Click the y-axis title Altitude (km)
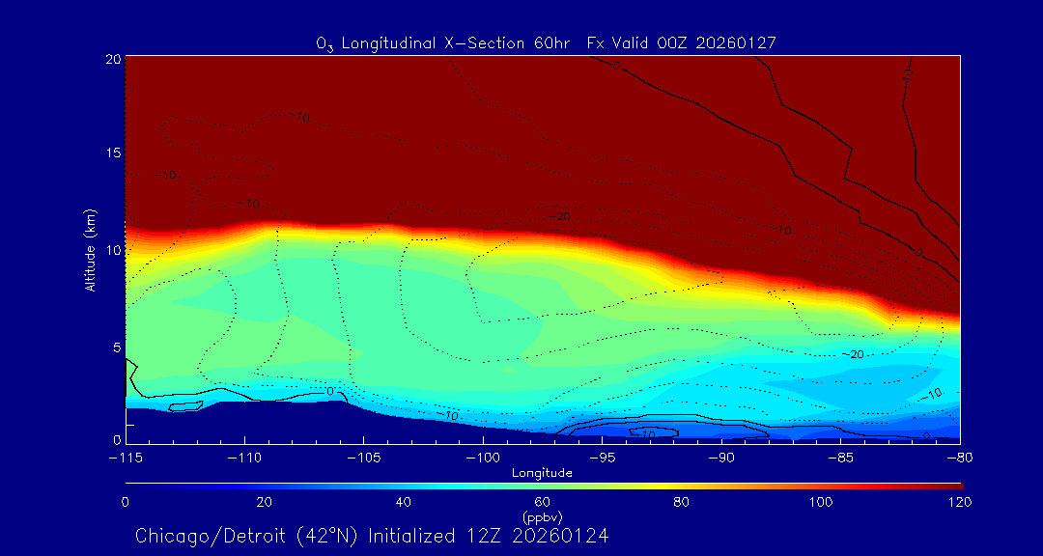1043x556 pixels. (91, 250)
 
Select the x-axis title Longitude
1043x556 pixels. (542, 473)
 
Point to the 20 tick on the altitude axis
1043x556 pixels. (112, 59)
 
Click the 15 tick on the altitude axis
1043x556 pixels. (112, 153)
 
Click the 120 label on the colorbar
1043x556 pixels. (960, 502)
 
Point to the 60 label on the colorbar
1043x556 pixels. (542, 502)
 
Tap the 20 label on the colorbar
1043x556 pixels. (264, 502)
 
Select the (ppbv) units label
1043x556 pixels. (542, 516)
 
